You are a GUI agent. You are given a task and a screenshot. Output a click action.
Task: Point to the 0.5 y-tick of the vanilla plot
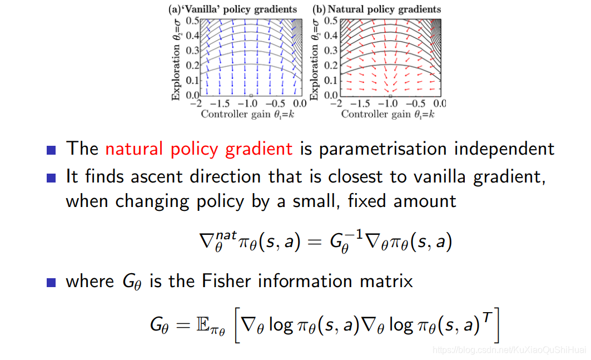point(193,21)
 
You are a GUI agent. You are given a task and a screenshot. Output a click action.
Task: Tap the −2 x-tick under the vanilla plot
point(195,104)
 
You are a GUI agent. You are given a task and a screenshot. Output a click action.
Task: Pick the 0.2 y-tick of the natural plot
point(331,66)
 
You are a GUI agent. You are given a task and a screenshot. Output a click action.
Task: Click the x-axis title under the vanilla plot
point(247,114)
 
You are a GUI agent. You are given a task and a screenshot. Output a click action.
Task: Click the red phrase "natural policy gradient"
point(198,149)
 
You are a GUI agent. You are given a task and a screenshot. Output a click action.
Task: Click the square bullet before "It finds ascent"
point(52,177)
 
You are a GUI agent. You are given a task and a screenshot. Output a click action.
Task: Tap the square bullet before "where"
point(52,282)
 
